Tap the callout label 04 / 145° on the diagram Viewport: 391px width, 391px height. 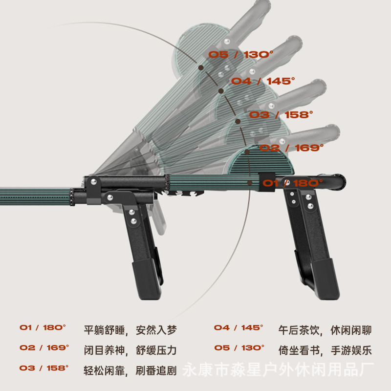click(x=263, y=81)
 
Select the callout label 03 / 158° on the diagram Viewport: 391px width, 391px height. click(x=281, y=115)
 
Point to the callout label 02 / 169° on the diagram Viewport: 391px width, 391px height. click(x=291, y=148)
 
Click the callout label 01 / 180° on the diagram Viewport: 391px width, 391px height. click(x=293, y=183)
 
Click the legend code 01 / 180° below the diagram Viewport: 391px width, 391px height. click(x=43, y=327)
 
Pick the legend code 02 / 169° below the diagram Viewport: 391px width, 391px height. click(x=44, y=348)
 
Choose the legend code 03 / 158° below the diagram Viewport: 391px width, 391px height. click(x=44, y=368)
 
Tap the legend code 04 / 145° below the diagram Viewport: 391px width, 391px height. click(x=239, y=327)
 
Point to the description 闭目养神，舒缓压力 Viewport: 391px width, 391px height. click(x=130, y=350)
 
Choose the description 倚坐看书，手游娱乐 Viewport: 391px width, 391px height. click(x=325, y=350)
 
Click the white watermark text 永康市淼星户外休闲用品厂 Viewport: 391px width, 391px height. click(x=278, y=370)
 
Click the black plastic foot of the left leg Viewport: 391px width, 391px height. click(x=146, y=279)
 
